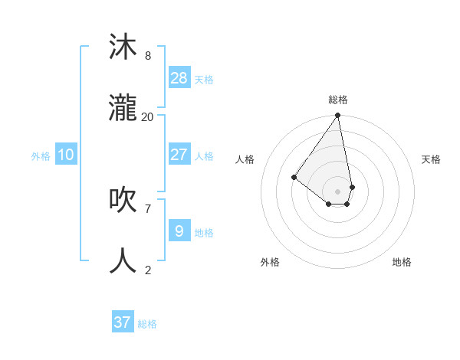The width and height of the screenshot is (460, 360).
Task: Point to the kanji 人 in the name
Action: (123, 261)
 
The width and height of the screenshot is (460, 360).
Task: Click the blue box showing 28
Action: (179, 78)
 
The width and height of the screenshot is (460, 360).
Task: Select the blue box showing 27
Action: (179, 155)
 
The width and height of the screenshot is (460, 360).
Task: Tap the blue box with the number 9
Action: (179, 231)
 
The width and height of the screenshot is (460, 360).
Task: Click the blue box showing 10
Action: (66, 155)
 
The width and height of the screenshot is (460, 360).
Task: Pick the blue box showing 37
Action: (123, 322)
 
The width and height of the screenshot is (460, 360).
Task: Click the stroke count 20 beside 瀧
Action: (148, 116)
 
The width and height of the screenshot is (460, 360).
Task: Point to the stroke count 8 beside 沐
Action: (148, 55)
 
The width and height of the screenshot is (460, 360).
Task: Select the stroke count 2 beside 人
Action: (148, 270)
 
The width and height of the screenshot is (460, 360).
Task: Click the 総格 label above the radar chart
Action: (338, 100)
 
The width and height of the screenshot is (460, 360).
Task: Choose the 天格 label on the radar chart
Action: (431, 159)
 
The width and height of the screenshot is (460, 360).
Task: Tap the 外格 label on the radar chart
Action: (270, 262)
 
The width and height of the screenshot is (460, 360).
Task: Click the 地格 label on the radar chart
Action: (402, 262)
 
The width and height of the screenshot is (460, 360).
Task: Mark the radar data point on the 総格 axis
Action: (337, 116)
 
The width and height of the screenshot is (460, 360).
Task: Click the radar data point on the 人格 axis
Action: (294, 177)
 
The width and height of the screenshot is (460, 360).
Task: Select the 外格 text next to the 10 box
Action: (41, 156)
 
